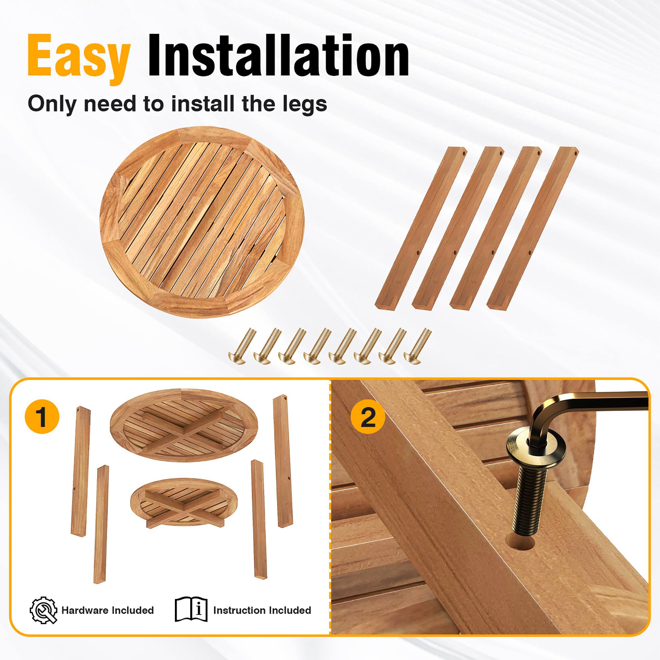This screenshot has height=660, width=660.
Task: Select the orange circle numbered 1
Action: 42,416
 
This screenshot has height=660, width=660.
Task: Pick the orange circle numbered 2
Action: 368,417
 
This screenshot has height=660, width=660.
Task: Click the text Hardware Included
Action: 108,610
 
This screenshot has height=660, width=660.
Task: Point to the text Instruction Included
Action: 262,610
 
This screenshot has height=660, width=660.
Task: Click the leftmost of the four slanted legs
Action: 420,227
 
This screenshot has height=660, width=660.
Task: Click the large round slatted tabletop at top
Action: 202,222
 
